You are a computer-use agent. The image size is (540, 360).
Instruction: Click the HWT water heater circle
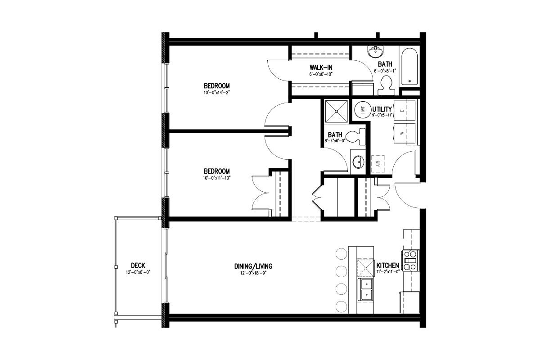pyautogui.click(x=363, y=110)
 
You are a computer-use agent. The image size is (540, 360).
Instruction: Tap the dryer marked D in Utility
pyautogui.click(x=405, y=111)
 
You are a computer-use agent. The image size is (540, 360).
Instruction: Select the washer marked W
pyautogui.click(x=405, y=133)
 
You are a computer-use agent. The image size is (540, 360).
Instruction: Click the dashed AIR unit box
pyautogui.click(x=378, y=164)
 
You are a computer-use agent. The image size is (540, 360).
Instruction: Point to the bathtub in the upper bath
pyautogui.click(x=409, y=66)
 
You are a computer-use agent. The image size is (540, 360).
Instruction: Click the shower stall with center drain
pyautogui.click(x=336, y=112)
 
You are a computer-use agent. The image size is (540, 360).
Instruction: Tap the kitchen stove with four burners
pyautogui.click(x=410, y=261)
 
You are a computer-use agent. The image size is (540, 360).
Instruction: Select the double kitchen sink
pyautogui.click(x=366, y=290)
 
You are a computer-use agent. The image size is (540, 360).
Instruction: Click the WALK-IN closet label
pyautogui.click(x=321, y=67)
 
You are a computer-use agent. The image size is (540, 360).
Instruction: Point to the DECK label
pyautogui.click(x=138, y=265)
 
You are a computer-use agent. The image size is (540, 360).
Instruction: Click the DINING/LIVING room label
pyautogui.click(x=253, y=266)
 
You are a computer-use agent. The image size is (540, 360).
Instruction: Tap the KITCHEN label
pyautogui.click(x=387, y=265)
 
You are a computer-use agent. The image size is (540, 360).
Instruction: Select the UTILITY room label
pyautogui.click(x=382, y=109)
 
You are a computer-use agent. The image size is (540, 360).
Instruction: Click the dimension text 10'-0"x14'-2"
pyautogui.click(x=216, y=93)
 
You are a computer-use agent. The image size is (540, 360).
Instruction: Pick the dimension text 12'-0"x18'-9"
pyautogui.click(x=253, y=273)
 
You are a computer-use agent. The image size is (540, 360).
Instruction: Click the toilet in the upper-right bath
pyautogui.click(x=386, y=85)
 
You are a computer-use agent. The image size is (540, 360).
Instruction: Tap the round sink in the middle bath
pyautogui.click(x=359, y=162)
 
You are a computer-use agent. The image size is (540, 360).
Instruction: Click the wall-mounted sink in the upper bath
pyautogui.click(x=375, y=52)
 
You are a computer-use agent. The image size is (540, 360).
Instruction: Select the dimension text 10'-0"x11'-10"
pyautogui.click(x=217, y=178)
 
